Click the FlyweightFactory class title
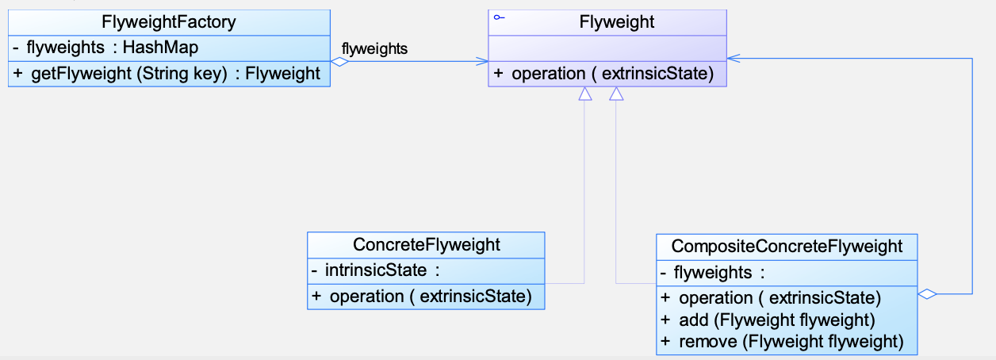click(169, 21)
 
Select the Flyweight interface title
click(617, 21)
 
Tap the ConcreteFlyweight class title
click(427, 244)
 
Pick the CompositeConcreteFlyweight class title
click(787, 247)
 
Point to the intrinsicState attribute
click(376, 270)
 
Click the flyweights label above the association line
click(374, 48)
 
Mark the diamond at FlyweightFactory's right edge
click(339, 62)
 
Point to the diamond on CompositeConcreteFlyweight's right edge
click(928, 293)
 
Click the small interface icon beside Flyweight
click(500, 17)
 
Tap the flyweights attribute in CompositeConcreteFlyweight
click(713, 273)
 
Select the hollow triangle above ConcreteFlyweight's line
click(585, 94)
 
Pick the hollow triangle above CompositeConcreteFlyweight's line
click(616, 94)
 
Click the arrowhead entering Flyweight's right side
click(733, 58)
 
